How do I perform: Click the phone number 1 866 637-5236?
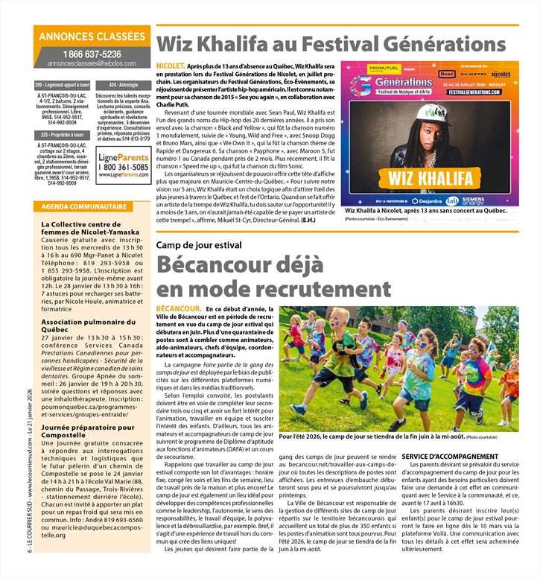coord(92,54)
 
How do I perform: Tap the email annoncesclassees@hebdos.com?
coord(92,64)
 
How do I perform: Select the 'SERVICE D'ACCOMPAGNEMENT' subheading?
coord(450,455)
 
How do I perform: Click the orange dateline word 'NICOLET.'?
coord(171,66)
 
